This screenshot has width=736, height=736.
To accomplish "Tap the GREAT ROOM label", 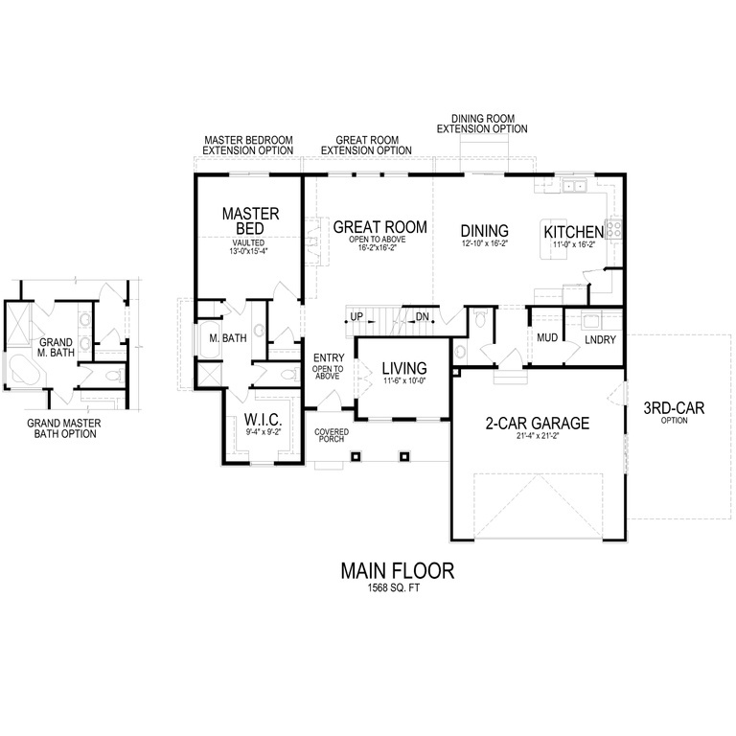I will click(x=379, y=227).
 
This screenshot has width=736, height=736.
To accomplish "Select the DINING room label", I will click(x=484, y=231).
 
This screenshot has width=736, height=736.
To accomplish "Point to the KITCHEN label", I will click(x=573, y=232).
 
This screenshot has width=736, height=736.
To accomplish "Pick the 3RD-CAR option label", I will click(x=674, y=408).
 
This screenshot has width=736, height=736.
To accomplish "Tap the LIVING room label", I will click(x=402, y=368).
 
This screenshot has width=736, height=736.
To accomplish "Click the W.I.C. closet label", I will click(x=262, y=419).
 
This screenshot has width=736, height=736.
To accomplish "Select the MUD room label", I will click(x=547, y=338).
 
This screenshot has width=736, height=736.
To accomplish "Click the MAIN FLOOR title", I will click(x=397, y=570).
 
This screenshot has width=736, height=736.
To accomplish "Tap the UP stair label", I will click(x=356, y=316).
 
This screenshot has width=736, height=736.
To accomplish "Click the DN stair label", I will click(x=422, y=316).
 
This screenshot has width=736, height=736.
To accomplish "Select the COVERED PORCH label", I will click(x=332, y=436).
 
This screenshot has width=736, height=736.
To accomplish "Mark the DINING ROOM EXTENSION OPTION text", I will click(x=482, y=124).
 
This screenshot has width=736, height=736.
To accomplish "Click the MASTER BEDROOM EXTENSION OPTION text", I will click(x=248, y=145).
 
